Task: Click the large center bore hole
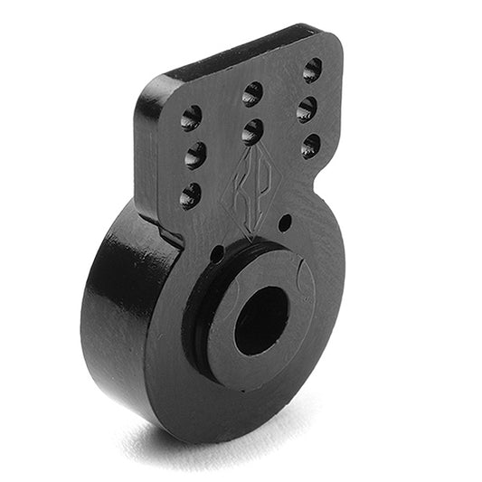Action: tap(260, 321)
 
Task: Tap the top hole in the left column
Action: tap(191, 118)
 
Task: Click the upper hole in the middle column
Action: tap(252, 94)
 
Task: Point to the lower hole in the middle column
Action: tap(252, 132)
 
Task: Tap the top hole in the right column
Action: tap(312, 70)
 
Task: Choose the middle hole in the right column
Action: tap(307, 109)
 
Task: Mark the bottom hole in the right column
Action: tap(311, 146)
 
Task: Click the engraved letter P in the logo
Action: tap(264, 193)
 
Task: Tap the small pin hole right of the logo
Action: tap(285, 222)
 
